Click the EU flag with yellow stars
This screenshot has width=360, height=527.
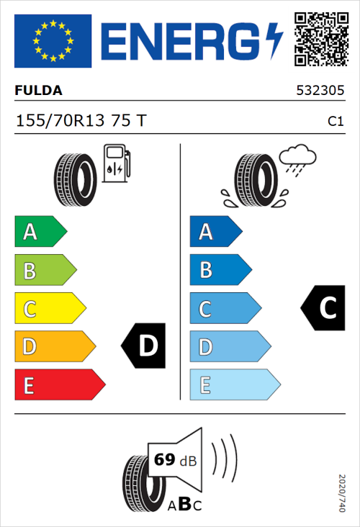point(53,41)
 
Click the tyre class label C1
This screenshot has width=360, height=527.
point(335,122)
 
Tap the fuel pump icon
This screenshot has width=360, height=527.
point(116,163)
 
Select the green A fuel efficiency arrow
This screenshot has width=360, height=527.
point(40,232)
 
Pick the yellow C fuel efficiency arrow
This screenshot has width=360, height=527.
point(50,309)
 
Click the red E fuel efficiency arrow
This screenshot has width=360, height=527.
point(59,385)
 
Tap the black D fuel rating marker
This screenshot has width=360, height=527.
point(145,346)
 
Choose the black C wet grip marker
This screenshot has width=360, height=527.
point(323,308)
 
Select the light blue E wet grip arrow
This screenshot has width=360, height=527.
point(234,385)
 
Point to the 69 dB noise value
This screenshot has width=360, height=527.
point(174,460)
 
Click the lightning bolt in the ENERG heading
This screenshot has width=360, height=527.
point(274,41)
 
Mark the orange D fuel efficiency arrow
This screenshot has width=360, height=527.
point(55,347)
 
